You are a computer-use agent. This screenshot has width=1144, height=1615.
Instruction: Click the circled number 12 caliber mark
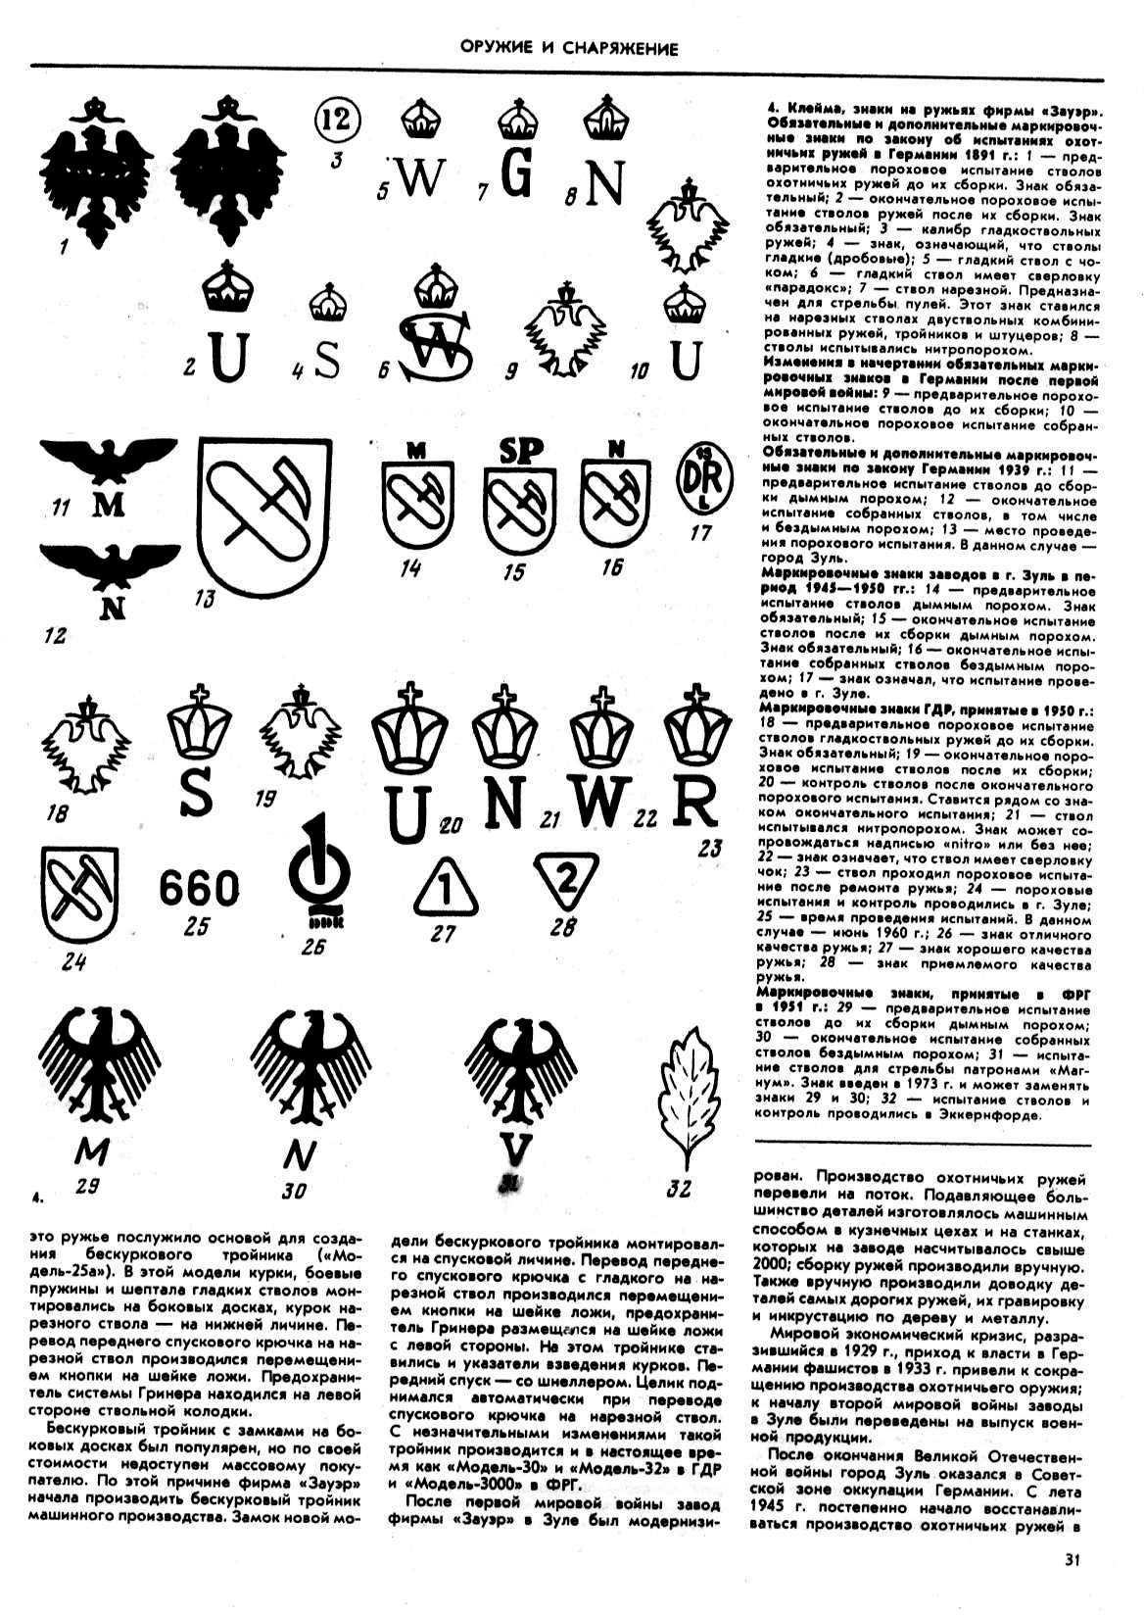[x=338, y=121]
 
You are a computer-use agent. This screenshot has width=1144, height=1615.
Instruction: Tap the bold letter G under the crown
[x=520, y=175]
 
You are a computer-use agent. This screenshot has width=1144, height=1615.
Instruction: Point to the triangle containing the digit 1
[x=445, y=890]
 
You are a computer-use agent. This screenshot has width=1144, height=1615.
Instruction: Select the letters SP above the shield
[x=522, y=451]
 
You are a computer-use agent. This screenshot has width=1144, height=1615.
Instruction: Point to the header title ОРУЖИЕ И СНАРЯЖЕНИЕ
[x=571, y=47]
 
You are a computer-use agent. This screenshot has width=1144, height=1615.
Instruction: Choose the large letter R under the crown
[x=695, y=807]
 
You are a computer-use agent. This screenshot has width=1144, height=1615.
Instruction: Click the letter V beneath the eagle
[x=520, y=1149]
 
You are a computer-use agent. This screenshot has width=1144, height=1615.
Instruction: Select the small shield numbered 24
[x=79, y=894]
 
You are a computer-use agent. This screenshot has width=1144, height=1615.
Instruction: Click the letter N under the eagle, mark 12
[x=114, y=608]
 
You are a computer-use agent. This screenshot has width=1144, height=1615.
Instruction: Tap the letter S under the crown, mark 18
[x=197, y=795]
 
